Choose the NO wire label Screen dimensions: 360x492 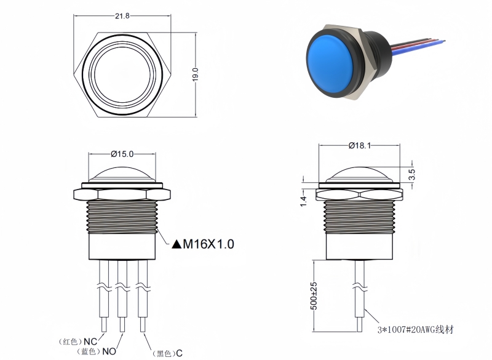coord(108,352)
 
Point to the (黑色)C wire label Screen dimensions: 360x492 coord(167,353)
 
